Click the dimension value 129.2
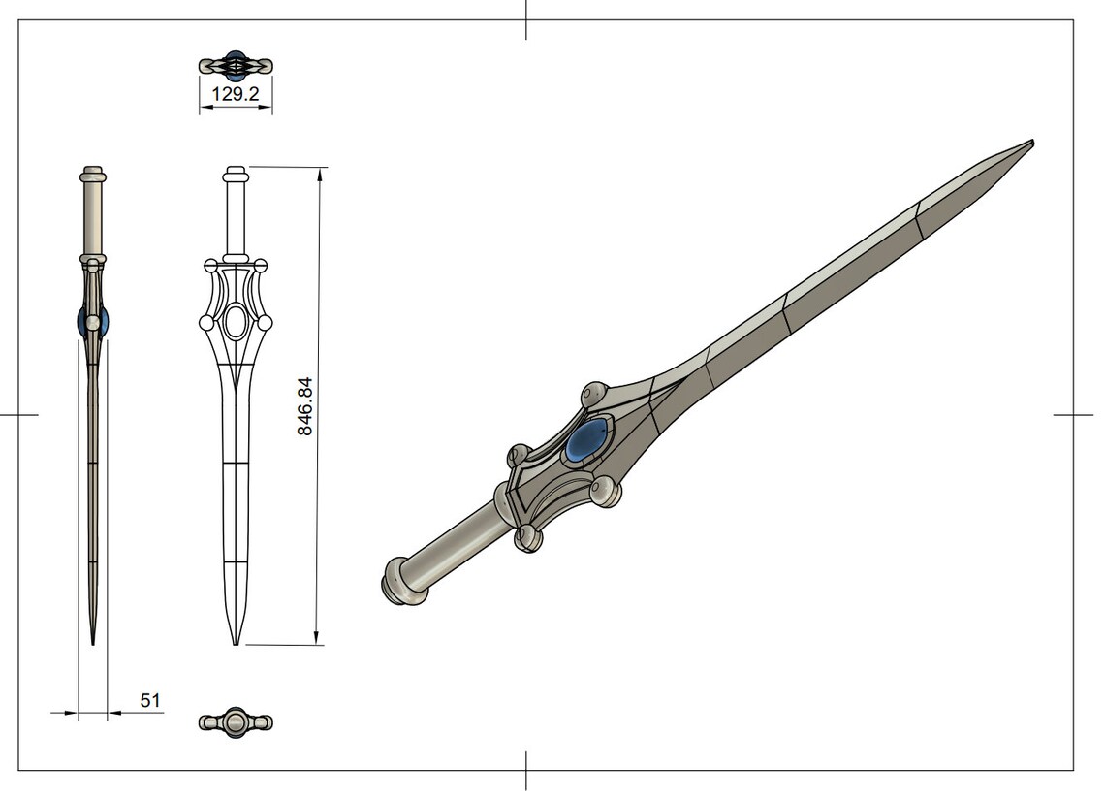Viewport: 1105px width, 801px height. [x=236, y=96]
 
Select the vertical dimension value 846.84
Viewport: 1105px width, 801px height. [x=305, y=406]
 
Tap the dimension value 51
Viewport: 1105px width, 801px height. [x=149, y=700]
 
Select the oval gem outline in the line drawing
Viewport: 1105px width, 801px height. [x=236, y=322]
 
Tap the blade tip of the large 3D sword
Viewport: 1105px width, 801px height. [x=1029, y=144]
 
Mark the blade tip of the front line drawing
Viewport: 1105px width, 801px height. [x=235, y=641]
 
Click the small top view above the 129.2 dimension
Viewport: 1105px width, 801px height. [x=236, y=66]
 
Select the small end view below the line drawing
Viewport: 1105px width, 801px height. [x=236, y=722]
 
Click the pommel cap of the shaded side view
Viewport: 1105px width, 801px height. [x=93, y=176]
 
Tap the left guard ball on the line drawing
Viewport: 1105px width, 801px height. [x=206, y=322]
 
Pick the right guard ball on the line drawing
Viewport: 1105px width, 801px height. [x=265, y=322]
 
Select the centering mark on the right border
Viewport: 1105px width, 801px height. [x=1073, y=415]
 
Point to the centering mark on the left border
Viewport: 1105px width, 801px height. [x=18, y=415]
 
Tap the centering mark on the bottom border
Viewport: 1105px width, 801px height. [x=526, y=770]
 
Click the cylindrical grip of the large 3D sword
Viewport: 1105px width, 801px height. [x=455, y=549]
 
